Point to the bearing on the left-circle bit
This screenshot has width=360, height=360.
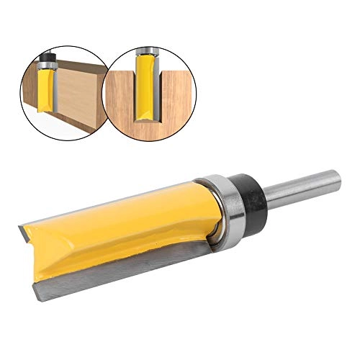[48, 63]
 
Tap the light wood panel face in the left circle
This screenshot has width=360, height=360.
[76, 94]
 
